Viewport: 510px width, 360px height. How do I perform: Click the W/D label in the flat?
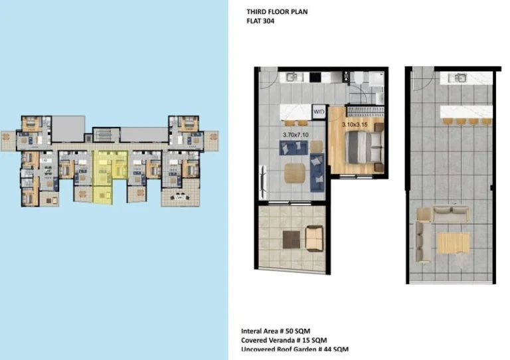319,111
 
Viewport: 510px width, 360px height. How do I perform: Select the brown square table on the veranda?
291,238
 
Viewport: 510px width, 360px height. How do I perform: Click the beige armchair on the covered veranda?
313,236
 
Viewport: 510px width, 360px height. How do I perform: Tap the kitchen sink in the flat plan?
292,78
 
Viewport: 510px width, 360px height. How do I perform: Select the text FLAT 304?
260,21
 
